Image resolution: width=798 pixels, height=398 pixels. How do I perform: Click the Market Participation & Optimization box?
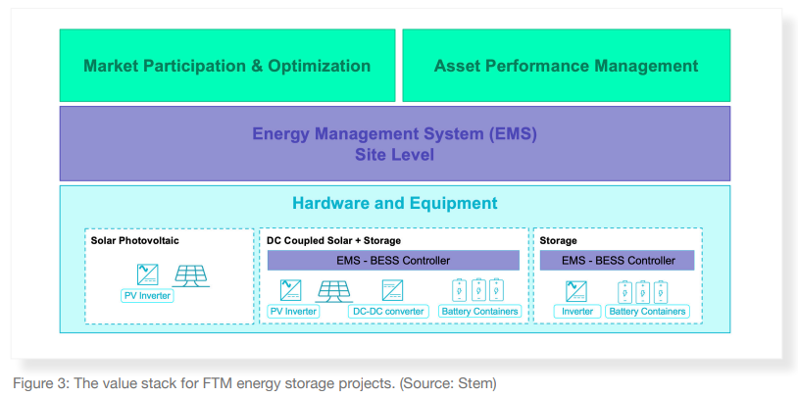[226, 66]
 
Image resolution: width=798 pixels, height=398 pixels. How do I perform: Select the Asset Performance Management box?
[566, 66]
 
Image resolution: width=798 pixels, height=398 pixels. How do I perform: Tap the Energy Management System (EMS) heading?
[394, 133]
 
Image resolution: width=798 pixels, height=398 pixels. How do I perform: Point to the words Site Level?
[394, 155]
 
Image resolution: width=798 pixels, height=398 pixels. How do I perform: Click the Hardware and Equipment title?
[394, 204]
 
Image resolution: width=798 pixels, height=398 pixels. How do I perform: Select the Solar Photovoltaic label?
[135, 240]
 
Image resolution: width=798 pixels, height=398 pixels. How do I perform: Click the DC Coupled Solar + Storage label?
[333, 240]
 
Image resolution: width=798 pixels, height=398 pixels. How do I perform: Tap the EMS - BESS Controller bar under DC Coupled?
[393, 261]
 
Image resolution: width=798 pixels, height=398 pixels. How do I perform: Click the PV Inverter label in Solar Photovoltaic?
[148, 295]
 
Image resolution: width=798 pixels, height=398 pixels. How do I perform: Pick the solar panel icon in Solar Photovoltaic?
[191, 274]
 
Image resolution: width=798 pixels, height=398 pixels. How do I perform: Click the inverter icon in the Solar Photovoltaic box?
[148, 274]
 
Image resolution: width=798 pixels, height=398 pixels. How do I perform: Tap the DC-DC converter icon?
[391, 290]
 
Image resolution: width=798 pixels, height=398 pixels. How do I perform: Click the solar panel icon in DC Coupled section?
[334, 290]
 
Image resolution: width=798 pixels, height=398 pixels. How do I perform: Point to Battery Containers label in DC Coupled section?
[479, 312]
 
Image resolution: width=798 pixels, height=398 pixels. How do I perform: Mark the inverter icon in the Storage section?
[576, 290]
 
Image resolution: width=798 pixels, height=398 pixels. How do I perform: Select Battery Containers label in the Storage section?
[647, 312]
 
